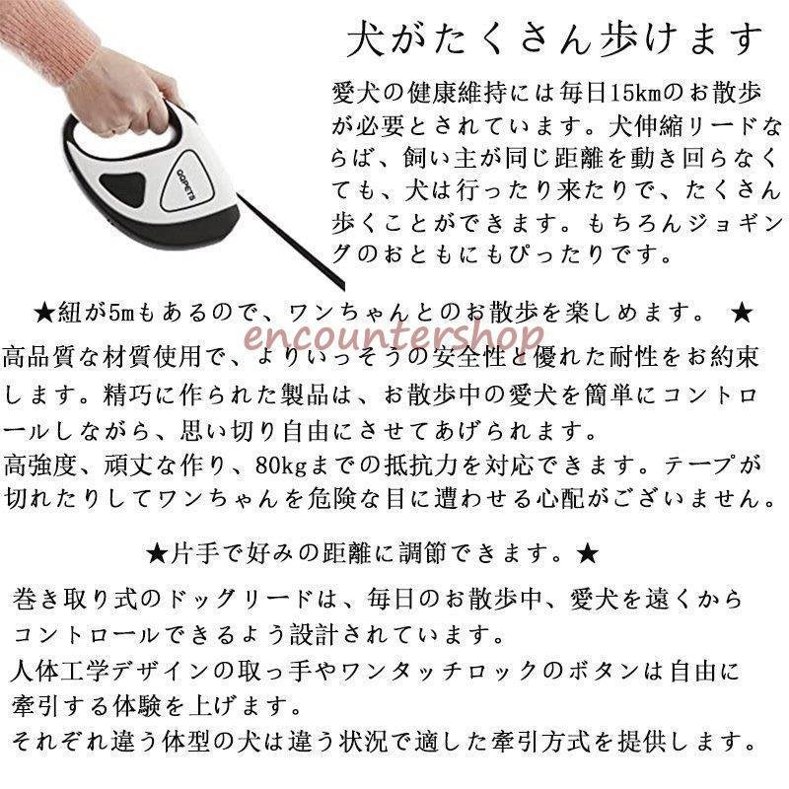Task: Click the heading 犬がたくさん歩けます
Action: tap(555, 39)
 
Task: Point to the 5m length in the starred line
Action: tap(121, 313)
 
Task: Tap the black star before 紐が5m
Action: tap(44, 314)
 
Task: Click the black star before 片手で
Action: tap(157, 554)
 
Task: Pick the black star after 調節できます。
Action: tap(588, 554)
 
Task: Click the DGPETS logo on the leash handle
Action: tap(185, 182)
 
